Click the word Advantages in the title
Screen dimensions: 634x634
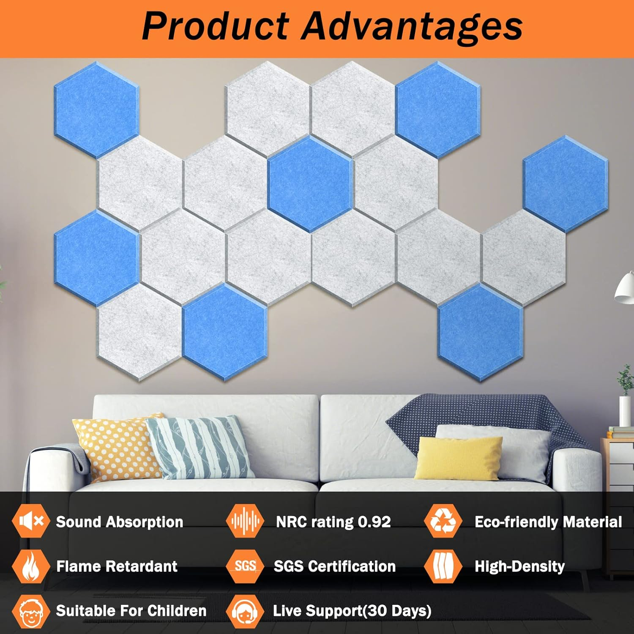pos(412,26)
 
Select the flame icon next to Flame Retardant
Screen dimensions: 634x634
pos(30,566)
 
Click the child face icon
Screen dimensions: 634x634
pos(30,611)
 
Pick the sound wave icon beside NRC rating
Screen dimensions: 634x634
pos(245,521)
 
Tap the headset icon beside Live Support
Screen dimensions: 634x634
pos(245,611)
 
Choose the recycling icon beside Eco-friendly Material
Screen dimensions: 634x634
pos(443,521)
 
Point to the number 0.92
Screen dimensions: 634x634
pos(374,522)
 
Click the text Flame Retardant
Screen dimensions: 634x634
pos(117,566)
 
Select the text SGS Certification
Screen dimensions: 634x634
pos(334,566)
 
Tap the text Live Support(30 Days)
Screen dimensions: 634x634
pos(352,611)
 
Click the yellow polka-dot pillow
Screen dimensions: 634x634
pos(116,448)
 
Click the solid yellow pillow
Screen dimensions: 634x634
pos(459,459)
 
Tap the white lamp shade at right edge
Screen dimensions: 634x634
pos(625,290)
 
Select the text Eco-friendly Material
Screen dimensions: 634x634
pos(548,522)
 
